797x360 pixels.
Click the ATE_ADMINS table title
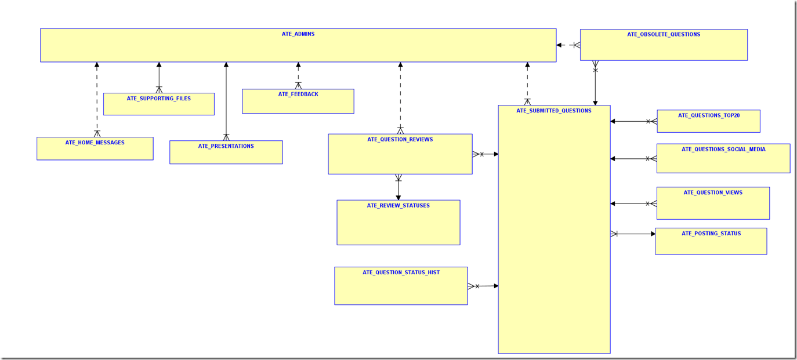click(298, 34)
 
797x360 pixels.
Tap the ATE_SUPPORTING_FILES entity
click(159, 104)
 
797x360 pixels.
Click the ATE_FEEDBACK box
click(298, 101)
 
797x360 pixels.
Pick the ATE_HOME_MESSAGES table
click(95, 149)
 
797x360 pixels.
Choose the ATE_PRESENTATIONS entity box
click(226, 152)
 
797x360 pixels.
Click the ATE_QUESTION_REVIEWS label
click(400, 140)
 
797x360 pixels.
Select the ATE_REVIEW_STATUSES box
click(398, 223)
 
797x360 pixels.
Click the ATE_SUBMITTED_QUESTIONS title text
click(554, 111)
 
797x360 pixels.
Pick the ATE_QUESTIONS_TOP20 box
click(708, 121)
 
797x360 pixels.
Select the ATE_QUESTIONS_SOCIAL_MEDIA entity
click(723, 158)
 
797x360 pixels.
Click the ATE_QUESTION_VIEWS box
click(713, 203)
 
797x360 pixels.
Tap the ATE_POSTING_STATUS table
click(711, 241)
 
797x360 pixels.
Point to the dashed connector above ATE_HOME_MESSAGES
click(97, 99)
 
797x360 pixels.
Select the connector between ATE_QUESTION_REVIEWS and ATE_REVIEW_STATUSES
click(398, 187)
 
